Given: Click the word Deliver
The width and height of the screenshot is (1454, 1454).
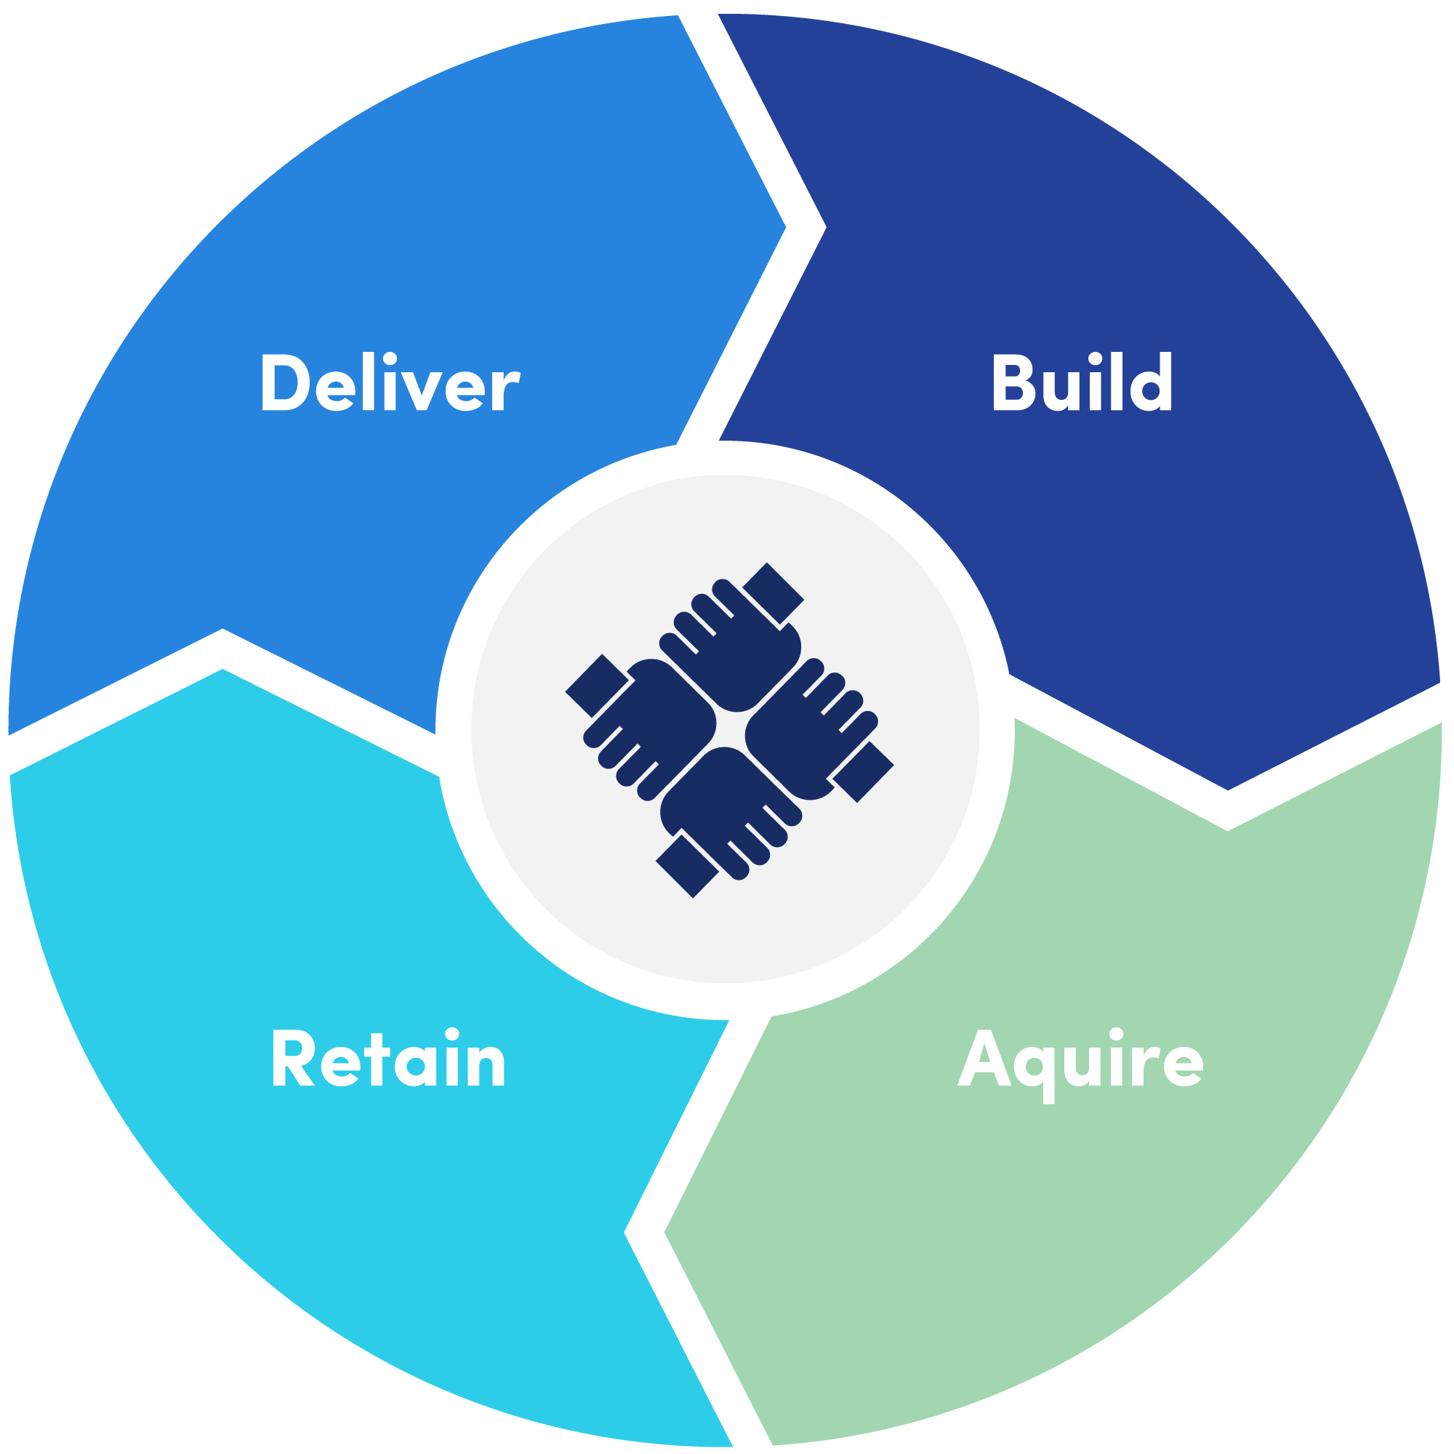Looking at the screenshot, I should point(389,383).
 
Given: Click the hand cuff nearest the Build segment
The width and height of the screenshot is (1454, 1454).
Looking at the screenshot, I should point(773,593).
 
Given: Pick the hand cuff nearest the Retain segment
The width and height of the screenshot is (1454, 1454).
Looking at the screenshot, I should point(686,865).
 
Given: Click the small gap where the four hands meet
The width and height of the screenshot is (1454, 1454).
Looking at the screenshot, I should point(729,728).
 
